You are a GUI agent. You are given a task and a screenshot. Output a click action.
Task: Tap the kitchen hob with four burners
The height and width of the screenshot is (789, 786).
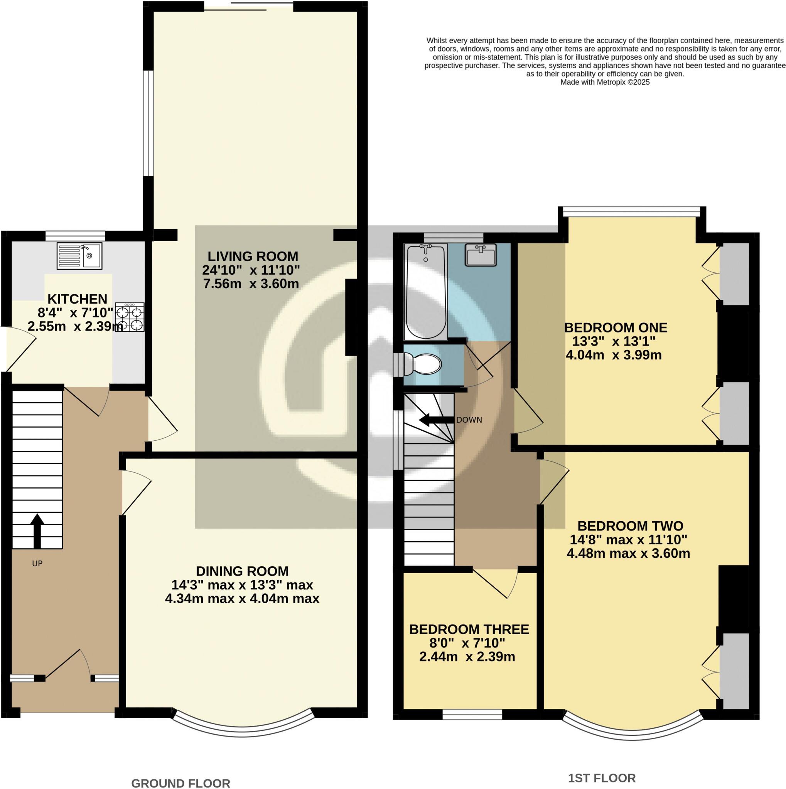click(x=130, y=317)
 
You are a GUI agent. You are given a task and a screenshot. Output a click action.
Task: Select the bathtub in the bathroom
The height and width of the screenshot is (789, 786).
click(x=425, y=292)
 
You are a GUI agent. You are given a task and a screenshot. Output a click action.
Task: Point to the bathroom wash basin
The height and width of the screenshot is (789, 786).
click(x=481, y=254)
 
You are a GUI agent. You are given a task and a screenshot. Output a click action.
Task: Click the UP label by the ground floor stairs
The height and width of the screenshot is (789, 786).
click(x=37, y=564)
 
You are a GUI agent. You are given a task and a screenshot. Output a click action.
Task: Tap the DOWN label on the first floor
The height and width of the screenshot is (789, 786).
click(x=469, y=420)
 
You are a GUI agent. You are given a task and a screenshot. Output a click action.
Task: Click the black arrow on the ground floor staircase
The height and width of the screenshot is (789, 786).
click(x=37, y=530)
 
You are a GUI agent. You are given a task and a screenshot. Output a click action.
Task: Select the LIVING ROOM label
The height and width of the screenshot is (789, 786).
click(x=253, y=257)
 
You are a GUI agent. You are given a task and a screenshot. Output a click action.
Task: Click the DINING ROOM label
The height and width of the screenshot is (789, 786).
click(x=242, y=571)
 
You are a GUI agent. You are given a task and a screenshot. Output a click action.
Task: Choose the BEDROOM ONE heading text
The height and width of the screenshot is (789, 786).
click(x=616, y=327)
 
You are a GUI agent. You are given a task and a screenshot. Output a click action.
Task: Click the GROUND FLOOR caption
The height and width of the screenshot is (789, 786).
click(x=180, y=783)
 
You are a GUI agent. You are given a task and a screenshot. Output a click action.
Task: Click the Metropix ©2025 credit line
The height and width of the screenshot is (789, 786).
click(x=605, y=82)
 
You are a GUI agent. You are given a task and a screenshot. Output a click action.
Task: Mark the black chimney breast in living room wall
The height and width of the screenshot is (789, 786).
click(x=351, y=317)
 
